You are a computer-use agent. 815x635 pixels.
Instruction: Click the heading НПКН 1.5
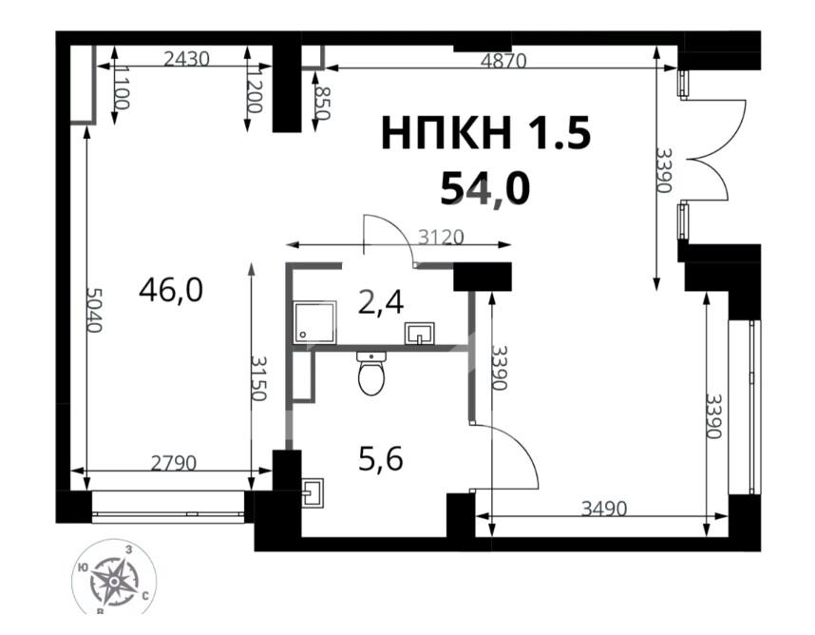(x=486, y=133)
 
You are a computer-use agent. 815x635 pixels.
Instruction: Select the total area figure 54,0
(x=485, y=189)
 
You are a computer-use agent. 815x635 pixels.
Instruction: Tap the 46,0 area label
(x=171, y=290)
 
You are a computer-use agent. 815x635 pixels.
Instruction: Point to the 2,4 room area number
(x=381, y=302)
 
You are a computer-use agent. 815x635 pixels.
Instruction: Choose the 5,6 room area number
(x=381, y=459)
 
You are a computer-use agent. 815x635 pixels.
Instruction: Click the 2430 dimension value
(x=186, y=59)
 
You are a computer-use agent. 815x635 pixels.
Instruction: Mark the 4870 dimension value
(x=503, y=61)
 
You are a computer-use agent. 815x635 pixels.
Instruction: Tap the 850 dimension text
(x=322, y=103)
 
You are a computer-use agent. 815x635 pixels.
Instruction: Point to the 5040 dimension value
(x=94, y=311)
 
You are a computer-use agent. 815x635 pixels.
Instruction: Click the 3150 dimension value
(x=258, y=378)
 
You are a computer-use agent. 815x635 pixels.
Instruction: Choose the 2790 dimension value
(x=174, y=463)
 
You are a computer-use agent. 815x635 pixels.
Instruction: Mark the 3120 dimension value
(x=441, y=238)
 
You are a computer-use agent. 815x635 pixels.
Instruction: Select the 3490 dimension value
(x=604, y=509)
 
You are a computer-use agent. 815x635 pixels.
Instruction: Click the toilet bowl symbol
(x=371, y=373)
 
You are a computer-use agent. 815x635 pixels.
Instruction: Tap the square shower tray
(x=315, y=322)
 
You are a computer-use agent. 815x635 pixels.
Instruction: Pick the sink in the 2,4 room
(x=420, y=334)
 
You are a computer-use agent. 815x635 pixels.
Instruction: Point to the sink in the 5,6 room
(x=313, y=492)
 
